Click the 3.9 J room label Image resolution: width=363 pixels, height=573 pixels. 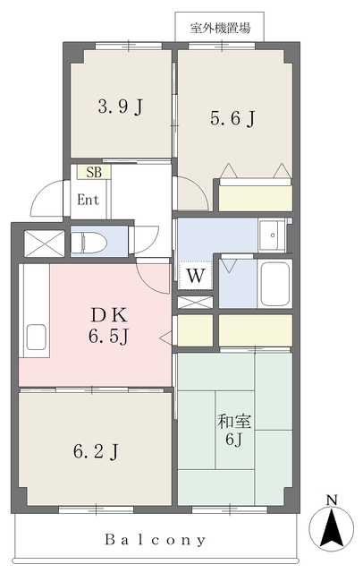pyautogui.click(x=120, y=107)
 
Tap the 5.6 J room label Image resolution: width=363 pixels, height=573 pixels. pyautogui.click(x=232, y=119)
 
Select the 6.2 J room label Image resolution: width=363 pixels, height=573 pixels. pyautogui.click(x=96, y=451)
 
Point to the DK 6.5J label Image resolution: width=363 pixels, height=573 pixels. pyautogui.click(x=109, y=325)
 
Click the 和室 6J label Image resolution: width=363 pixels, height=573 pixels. pyautogui.click(x=234, y=430)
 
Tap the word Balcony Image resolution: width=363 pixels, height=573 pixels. pyautogui.click(x=156, y=539)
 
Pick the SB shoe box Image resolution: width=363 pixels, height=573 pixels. pyautogui.click(x=93, y=172)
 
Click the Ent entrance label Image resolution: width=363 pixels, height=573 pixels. pyautogui.click(x=88, y=200)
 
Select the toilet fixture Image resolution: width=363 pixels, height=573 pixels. pyautogui.click(x=89, y=242)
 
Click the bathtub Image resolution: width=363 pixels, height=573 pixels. pyautogui.click(x=274, y=284)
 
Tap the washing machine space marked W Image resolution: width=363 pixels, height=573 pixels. pyautogui.click(x=195, y=276)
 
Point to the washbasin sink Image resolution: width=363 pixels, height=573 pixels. pyautogui.click(x=272, y=235)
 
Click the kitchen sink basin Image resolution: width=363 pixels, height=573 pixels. pyautogui.click(x=36, y=337)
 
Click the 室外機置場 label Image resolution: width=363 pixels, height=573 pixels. pyautogui.click(x=220, y=28)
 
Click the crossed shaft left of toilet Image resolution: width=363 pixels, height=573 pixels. pyautogui.click(x=44, y=243)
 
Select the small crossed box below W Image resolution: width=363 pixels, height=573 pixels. pyautogui.click(x=195, y=303)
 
